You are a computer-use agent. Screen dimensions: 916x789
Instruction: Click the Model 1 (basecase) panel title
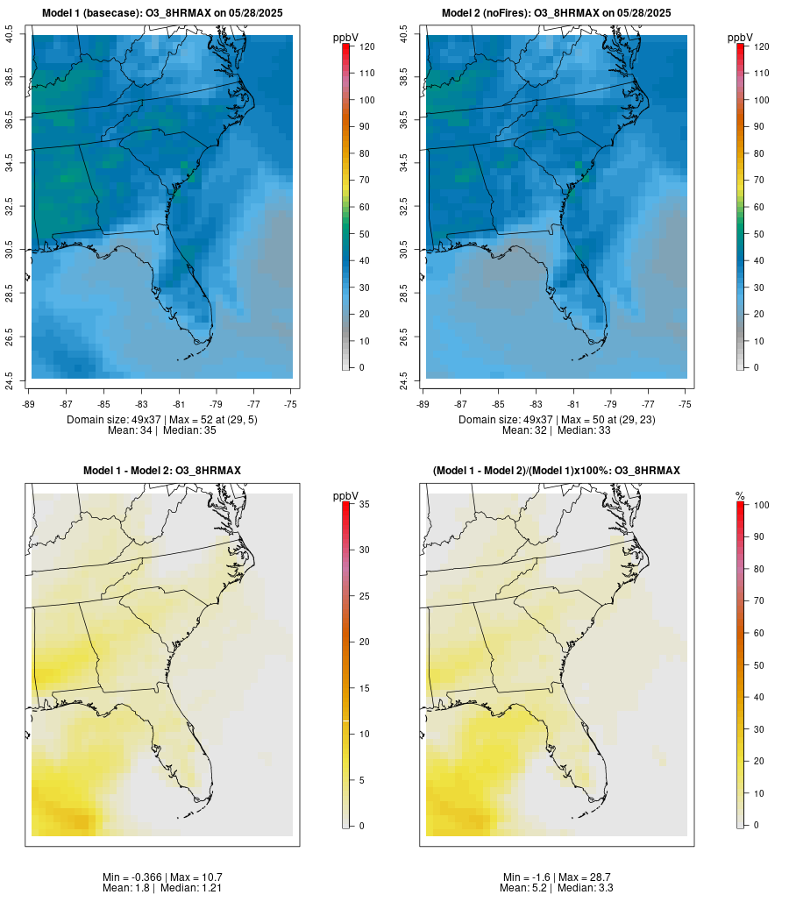click(162, 13)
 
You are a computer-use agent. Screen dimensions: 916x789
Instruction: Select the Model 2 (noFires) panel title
click(557, 13)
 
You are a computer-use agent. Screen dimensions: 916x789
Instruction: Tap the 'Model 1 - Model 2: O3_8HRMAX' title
click(162, 471)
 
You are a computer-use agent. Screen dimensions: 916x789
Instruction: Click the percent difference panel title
click(557, 471)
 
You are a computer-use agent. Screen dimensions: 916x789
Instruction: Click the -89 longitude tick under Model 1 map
click(32, 404)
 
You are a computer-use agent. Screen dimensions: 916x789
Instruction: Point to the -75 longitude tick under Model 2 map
click(686, 404)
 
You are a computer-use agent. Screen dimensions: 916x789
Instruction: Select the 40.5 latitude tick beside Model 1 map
click(10, 35)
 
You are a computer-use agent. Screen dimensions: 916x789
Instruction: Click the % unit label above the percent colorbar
click(740, 496)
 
